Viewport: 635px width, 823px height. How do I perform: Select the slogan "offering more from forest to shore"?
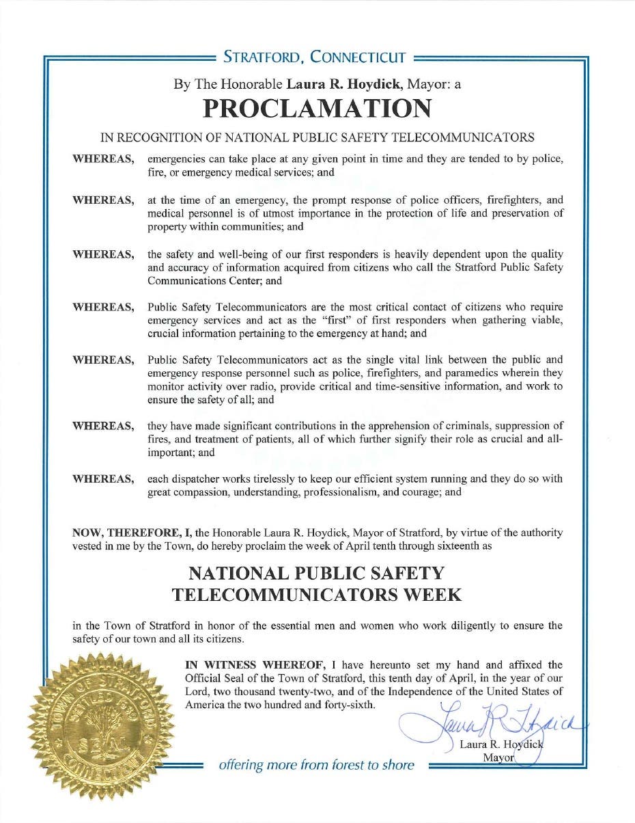316,765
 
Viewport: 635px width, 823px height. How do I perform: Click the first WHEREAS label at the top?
103,159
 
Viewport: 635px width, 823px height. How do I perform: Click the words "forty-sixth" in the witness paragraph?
347,704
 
